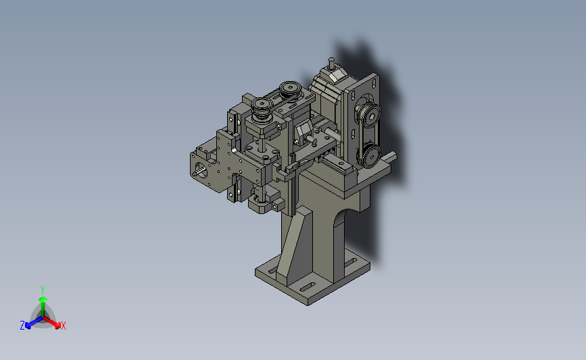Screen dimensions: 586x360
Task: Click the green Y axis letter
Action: [x=42, y=290]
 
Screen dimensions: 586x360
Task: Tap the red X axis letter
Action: [x=63, y=326]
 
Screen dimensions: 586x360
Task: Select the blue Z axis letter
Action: [x=22, y=326]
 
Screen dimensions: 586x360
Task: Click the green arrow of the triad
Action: [x=43, y=306]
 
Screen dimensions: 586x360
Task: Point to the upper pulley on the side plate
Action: [x=368, y=114]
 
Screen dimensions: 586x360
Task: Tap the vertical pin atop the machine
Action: [x=331, y=63]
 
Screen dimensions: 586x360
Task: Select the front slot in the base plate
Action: [x=308, y=288]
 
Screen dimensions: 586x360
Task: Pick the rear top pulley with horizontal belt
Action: [x=290, y=90]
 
